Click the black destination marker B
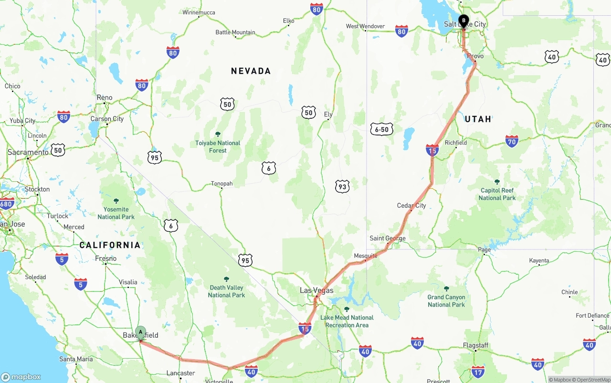[x=463, y=21]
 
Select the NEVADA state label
[x=251, y=71]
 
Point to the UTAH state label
[x=478, y=119]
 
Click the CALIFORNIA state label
[x=110, y=245]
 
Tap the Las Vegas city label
[x=316, y=290]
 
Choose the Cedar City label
[x=411, y=206]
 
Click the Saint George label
[x=388, y=238]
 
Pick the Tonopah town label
[x=222, y=184]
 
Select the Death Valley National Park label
[x=226, y=291]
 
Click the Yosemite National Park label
[x=116, y=213]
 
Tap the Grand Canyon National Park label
[x=446, y=300]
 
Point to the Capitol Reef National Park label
[x=497, y=194]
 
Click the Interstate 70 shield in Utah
[x=512, y=141]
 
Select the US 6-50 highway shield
[x=381, y=129]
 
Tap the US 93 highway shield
[x=342, y=186]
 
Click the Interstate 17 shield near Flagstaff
[x=478, y=372]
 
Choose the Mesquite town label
[x=366, y=256]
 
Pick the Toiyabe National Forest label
[x=218, y=146]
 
